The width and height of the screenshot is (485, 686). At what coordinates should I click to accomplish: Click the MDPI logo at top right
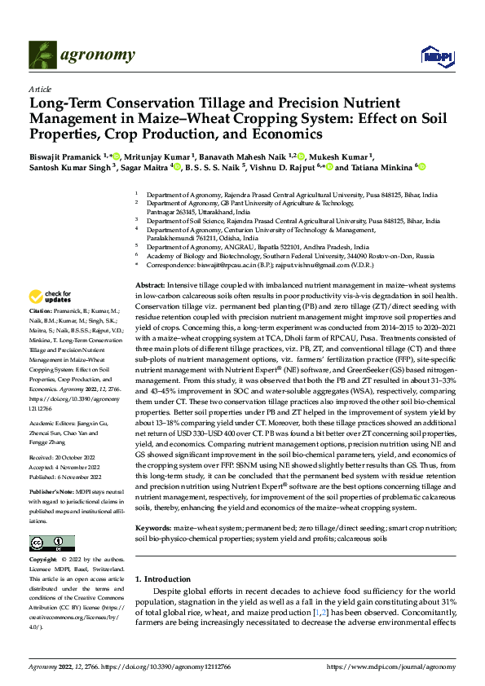[x=433, y=55]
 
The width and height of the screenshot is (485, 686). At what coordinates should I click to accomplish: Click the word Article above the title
[x=38, y=89]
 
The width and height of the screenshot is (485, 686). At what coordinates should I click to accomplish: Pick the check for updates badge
[x=51, y=297]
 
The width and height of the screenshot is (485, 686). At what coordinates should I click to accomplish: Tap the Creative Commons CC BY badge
[x=51, y=543]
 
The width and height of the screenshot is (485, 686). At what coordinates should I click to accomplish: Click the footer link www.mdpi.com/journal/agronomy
[x=394, y=666]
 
